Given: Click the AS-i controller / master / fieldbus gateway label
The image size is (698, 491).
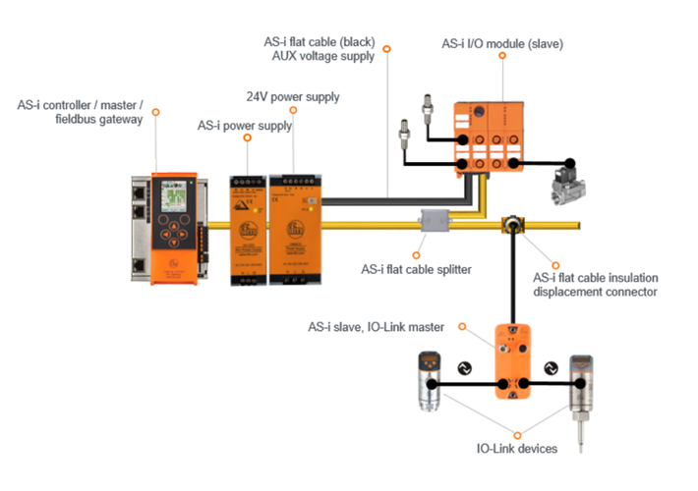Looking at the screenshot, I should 80,111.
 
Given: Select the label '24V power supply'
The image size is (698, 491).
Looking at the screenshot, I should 293,97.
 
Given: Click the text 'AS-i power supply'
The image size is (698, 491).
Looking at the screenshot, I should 242,126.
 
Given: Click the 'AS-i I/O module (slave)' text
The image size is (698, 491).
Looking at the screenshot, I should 502,43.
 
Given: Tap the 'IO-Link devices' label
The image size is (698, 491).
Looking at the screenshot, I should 517,449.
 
